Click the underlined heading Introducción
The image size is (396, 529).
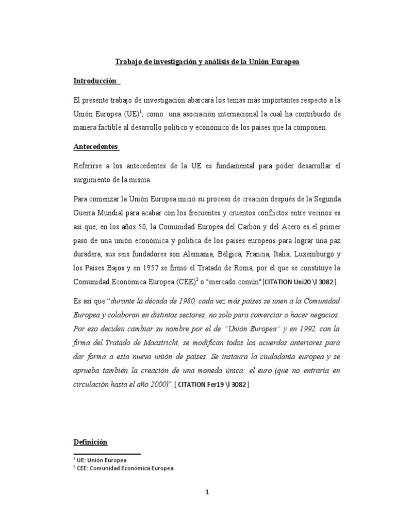click(95, 82)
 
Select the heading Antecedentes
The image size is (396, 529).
click(95, 147)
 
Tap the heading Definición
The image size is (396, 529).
click(91, 442)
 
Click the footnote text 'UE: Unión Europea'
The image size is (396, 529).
click(103, 459)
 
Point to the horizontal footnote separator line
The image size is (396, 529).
click(107, 454)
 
